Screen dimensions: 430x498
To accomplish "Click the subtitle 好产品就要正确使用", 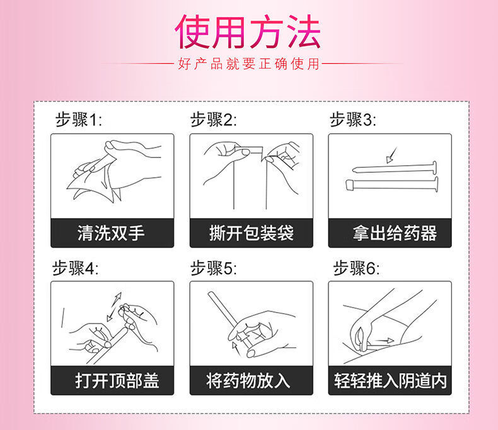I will click(249, 64).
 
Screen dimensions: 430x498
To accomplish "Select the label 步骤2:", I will click(214, 120).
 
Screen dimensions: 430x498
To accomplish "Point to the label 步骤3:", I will click(352, 120).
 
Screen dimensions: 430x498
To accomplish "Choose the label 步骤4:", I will click(75, 268).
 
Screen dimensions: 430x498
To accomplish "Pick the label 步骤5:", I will click(214, 268).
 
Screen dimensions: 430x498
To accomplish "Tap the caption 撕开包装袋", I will click(251, 233).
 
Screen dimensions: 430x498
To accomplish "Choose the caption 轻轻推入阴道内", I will click(390, 381).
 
